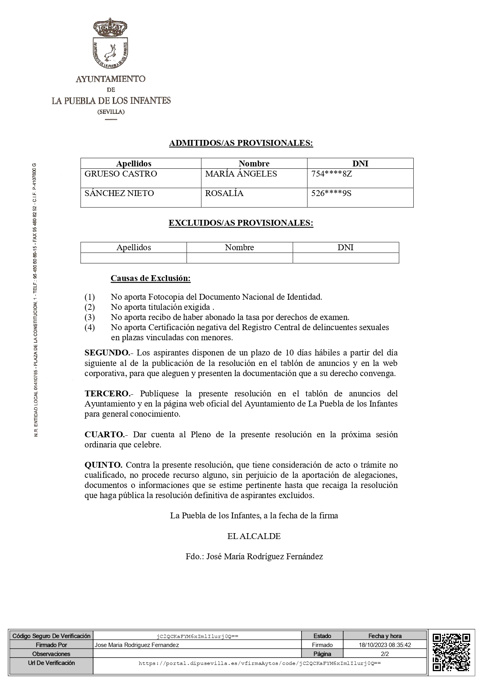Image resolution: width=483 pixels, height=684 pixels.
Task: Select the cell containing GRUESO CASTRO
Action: [x=121, y=174]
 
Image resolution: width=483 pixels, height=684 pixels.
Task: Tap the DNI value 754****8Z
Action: [x=331, y=174]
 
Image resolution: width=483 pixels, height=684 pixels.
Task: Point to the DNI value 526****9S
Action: [x=331, y=193]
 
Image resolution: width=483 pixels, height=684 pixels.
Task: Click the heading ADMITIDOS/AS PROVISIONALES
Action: [x=241, y=143]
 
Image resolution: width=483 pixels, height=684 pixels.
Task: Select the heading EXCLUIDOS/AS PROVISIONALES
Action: [x=241, y=223]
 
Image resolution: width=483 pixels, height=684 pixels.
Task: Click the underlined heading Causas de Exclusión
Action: [x=150, y=278]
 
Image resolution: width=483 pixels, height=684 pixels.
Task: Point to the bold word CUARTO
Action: [x=104, y=434]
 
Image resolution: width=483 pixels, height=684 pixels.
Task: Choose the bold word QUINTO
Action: [x=103, y=465]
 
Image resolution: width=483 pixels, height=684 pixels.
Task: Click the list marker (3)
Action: [x=90, y=317]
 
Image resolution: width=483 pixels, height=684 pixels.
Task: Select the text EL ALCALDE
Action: [x=254, y=536]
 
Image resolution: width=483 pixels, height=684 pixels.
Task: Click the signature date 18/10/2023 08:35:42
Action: [x=385, y=645]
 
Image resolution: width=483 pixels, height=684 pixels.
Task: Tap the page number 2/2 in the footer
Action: [x=385, y=654]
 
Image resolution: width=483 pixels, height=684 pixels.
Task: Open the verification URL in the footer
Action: [x=259, y=663]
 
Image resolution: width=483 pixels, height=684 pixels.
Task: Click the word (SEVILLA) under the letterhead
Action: [x=111, y=112]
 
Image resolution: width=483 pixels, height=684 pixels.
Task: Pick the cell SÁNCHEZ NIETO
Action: [x=119, y=193]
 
